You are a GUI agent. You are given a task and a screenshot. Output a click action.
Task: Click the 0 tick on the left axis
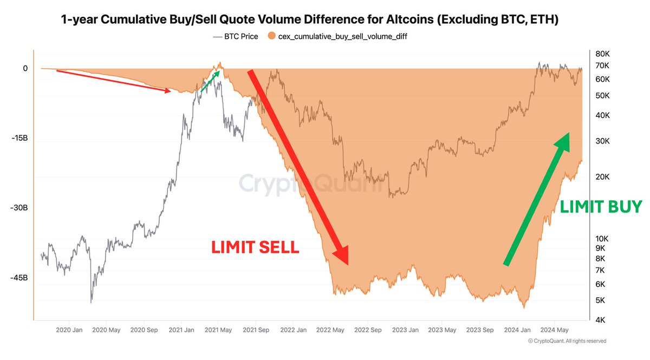[x=25, y=69]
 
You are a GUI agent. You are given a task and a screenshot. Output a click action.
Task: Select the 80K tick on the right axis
[x=602, y=54]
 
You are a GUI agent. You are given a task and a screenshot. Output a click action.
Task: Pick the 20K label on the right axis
[x=602, y=177]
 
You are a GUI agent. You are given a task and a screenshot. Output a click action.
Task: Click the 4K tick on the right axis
[x=600, y=320]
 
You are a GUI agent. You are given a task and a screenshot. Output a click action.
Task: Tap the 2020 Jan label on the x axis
[x=69, y=330]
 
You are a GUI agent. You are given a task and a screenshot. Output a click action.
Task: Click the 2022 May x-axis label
[x=330, y=330]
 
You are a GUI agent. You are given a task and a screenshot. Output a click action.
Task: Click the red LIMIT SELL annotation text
[x=255, y=247]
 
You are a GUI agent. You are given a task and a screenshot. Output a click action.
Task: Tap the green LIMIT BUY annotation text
[x=600, y=206]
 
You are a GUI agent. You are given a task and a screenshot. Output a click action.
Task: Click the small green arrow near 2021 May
[x=211, y=80]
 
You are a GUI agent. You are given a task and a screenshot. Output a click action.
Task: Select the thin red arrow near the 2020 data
[x=114, y=81]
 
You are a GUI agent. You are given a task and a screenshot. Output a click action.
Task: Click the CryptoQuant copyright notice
[x=567, y=341]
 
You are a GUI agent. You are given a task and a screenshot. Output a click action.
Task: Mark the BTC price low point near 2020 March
[x=91, y=301]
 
